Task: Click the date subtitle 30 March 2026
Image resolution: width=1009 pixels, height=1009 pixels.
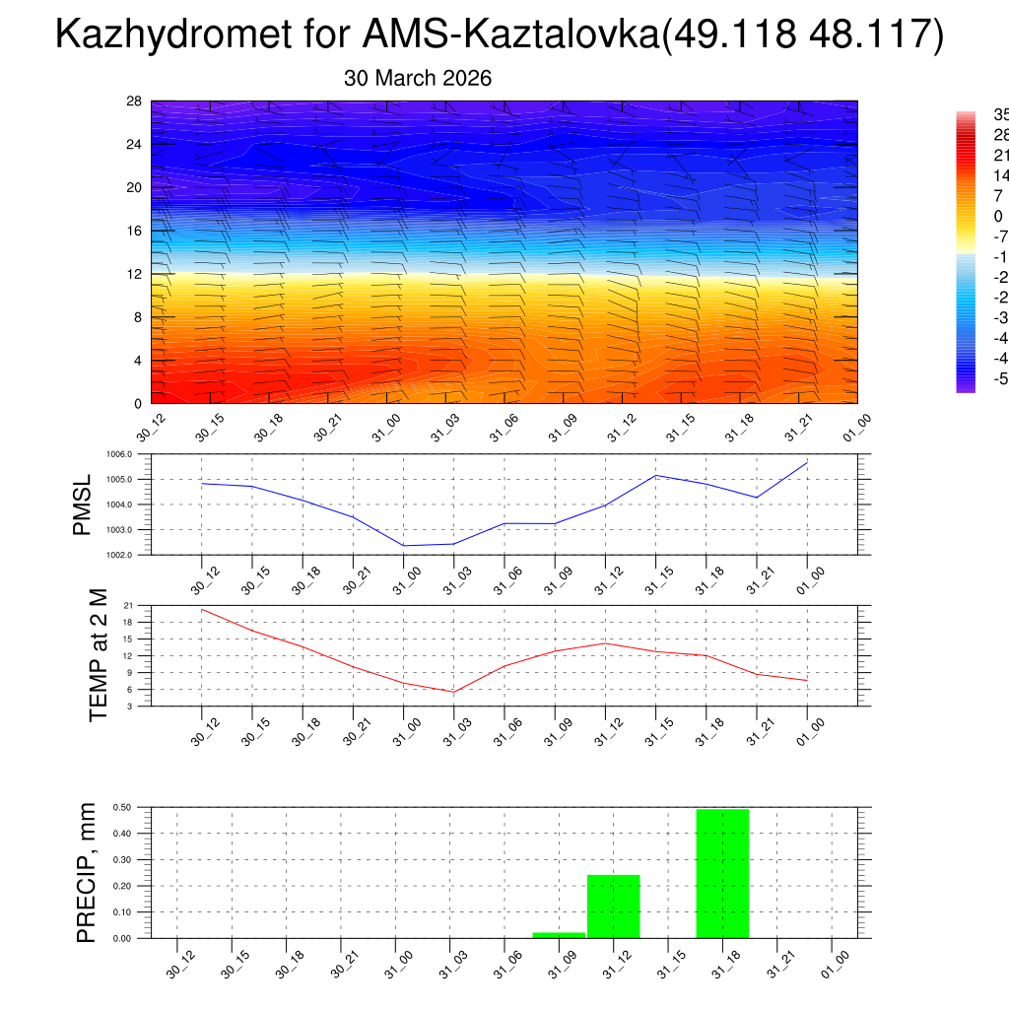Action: [x=418, y=78]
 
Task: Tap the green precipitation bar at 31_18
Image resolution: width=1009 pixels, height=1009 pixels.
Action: [x=722, y=873]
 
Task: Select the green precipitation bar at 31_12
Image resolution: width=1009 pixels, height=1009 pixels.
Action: [x=614, y=906]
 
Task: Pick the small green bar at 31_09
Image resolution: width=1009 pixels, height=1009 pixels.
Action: [x=559, y=934]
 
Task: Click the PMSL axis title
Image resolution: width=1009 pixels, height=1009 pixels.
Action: [x=82, y=504]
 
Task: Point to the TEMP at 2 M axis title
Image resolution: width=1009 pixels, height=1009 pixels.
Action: [x=99, y=654]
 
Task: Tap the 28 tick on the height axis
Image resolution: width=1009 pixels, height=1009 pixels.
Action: [x=135, y=101]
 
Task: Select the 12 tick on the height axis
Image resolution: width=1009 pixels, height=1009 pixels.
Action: [x=135, y=274]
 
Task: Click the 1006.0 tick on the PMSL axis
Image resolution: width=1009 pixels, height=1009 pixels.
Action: [x=132, y=454]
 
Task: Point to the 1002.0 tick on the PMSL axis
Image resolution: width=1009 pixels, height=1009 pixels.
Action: [x=132, y=555]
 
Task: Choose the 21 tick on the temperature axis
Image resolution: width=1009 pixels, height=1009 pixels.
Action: [x=129, y=605]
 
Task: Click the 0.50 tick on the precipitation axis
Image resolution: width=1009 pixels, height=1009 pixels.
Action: [x=122, y=807]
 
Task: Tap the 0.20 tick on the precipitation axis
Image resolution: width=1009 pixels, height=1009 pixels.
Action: [x=122, y=886]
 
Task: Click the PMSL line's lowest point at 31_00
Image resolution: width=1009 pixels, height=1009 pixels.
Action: [x=404, y=545]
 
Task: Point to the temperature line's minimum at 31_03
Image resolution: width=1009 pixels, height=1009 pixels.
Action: [x=454, y=692]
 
